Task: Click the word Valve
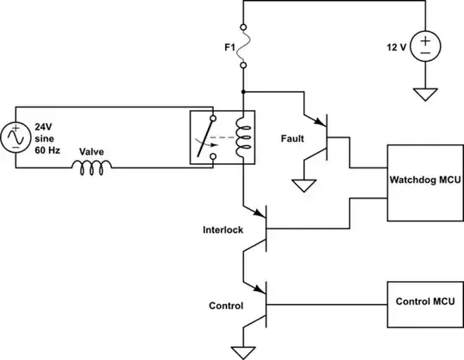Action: [92, 151]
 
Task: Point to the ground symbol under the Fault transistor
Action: [302, 184]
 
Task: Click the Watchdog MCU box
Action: [421, 182]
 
